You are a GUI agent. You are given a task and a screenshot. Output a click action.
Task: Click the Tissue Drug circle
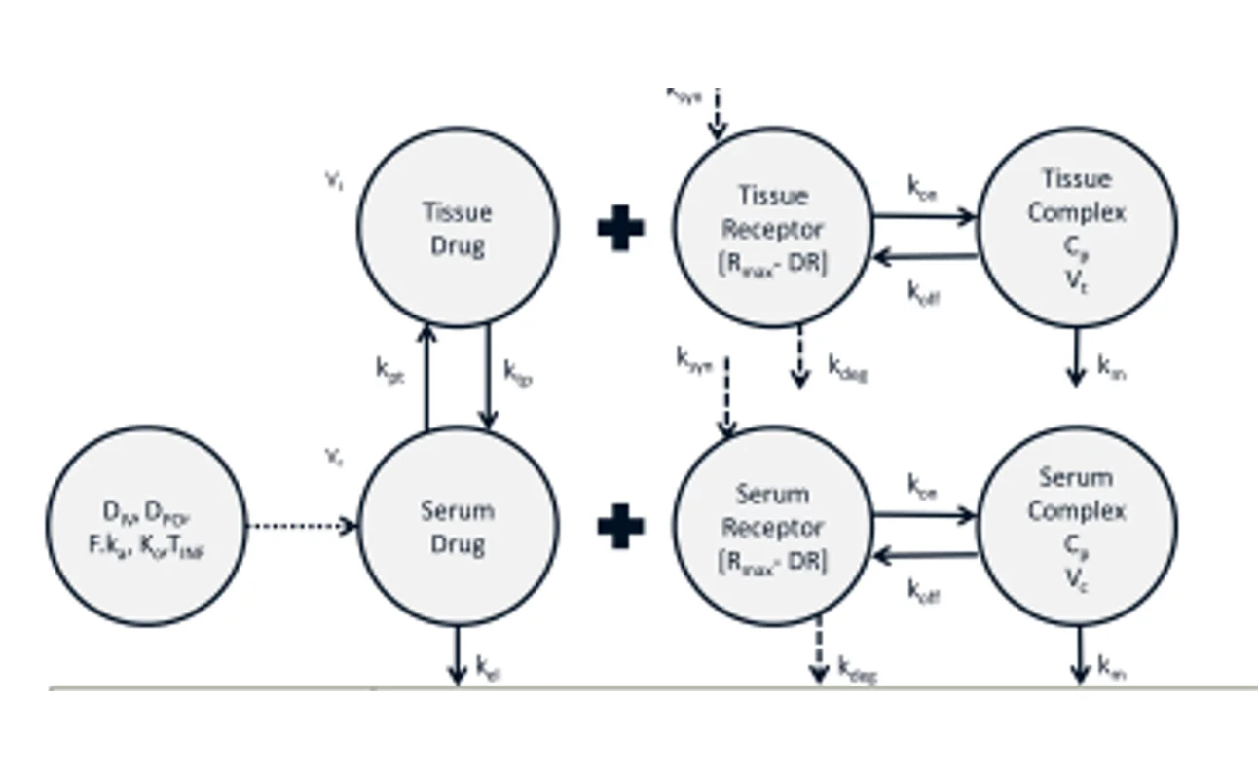[x=458, y=227]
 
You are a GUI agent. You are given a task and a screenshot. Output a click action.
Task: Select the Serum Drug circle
[x=458, y=526]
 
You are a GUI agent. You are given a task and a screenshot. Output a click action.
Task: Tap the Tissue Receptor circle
[x=773, y=227]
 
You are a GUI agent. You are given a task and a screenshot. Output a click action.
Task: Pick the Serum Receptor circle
[x=773, y=526]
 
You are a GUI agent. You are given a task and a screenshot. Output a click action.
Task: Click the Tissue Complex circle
[x=1077, y=227]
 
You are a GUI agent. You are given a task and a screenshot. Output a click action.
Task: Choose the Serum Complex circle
[x=1077, y=526]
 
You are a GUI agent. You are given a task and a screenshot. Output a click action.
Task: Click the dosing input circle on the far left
[x=146, y=526]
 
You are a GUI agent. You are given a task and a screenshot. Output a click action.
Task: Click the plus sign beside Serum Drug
[x=620, y=527]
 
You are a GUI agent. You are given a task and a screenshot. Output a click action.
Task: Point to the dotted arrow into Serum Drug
[x=302, y=527]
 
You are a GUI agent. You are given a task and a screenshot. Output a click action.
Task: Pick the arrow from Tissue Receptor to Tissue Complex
[x=924, y=216]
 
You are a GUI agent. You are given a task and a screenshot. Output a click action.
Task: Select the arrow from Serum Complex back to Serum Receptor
[x=924, y=556]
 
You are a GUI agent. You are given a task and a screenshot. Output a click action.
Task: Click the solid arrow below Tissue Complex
[x=1076, y=356]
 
